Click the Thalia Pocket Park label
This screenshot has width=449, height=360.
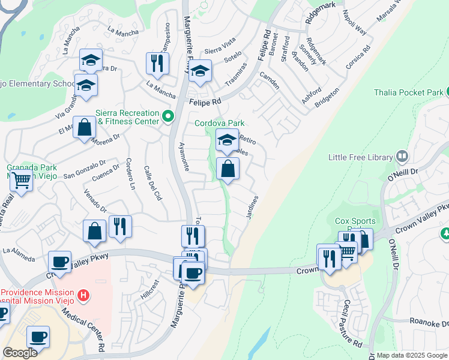(x=408, y=93)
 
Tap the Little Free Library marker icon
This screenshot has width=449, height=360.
(x=402, y=157)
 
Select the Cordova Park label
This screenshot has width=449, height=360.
(x=218, y=124)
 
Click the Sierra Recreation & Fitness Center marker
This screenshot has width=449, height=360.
(x=169, y=116)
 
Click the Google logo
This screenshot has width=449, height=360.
(x=19, y=353)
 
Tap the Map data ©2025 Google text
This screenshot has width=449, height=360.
(x=412, y=355)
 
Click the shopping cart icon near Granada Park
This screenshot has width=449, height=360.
(x=21, y=179)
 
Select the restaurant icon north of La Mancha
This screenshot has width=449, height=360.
(x=157, y=63)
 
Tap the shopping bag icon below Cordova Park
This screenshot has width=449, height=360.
(x=228, y=169)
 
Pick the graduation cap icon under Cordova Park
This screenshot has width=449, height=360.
(x=227, y=140)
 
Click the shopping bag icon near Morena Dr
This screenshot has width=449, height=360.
(x=85, y=128)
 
